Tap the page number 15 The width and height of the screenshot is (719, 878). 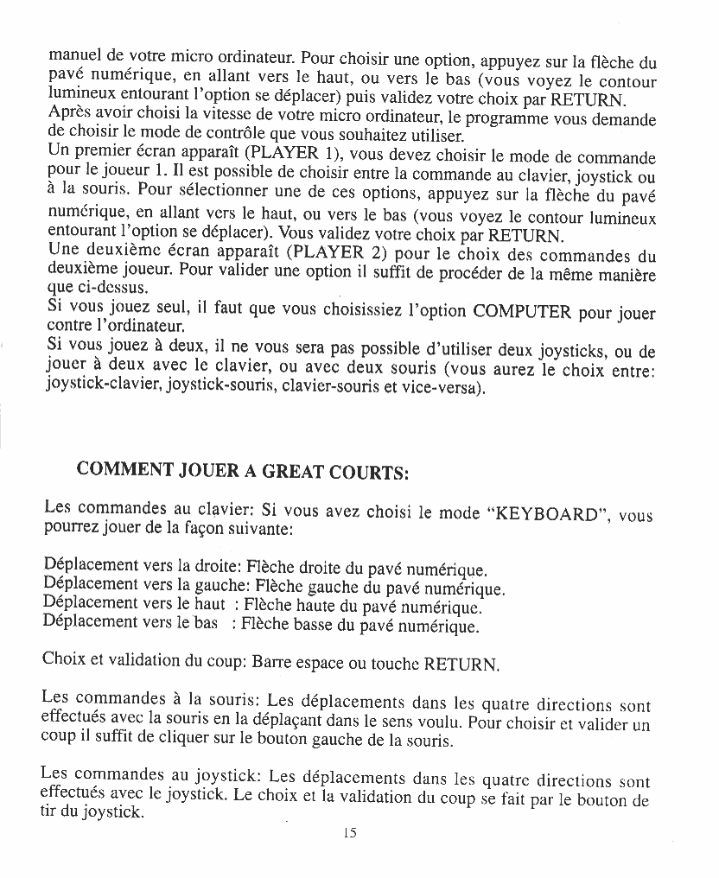349,833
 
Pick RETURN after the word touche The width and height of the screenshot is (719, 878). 461,666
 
